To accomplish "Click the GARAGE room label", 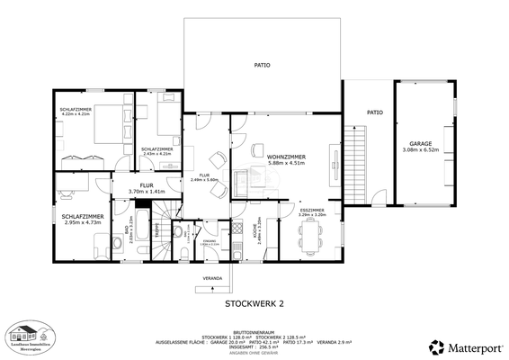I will pos(421,143).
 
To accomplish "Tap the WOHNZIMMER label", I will pos(285,157).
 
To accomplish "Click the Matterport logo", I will pos(466,346).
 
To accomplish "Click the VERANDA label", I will pos(212,277).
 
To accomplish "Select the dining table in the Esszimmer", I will pos(312,237).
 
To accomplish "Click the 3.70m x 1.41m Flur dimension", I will pos(147,192).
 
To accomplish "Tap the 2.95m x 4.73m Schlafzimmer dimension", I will pos(82,221).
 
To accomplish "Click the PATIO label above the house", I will pos(262,65).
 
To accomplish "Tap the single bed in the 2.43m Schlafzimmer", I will pos(165,117).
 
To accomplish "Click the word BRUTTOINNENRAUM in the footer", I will pos(254,329).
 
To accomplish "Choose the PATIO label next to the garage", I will pos(374,112).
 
